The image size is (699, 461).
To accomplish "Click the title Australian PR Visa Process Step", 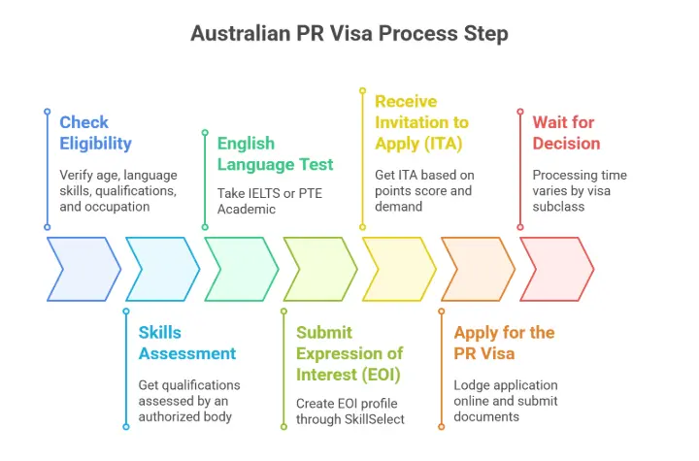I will (x=349, y=33).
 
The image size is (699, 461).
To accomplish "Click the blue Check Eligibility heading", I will (x=95, y=133).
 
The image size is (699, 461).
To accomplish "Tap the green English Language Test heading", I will (x=275, y=153).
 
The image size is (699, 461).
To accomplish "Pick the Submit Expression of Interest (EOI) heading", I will (x=349, y=353).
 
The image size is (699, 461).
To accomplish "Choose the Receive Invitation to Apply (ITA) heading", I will (x=421, y=122).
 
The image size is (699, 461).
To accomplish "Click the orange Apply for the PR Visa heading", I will (x=504, y=343).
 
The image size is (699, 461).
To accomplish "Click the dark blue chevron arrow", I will (x=83, y=269).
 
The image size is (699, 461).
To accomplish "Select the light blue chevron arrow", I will (x=162, y=269).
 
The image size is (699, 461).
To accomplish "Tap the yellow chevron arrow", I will (x=398, y=269).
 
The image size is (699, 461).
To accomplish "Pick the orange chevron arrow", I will (x=478, y=269).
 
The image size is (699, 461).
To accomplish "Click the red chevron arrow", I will (x=556, y=269).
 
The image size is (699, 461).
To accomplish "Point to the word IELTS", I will (x=271, y=193).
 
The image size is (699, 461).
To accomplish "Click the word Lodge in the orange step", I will (x=473, y=384).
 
